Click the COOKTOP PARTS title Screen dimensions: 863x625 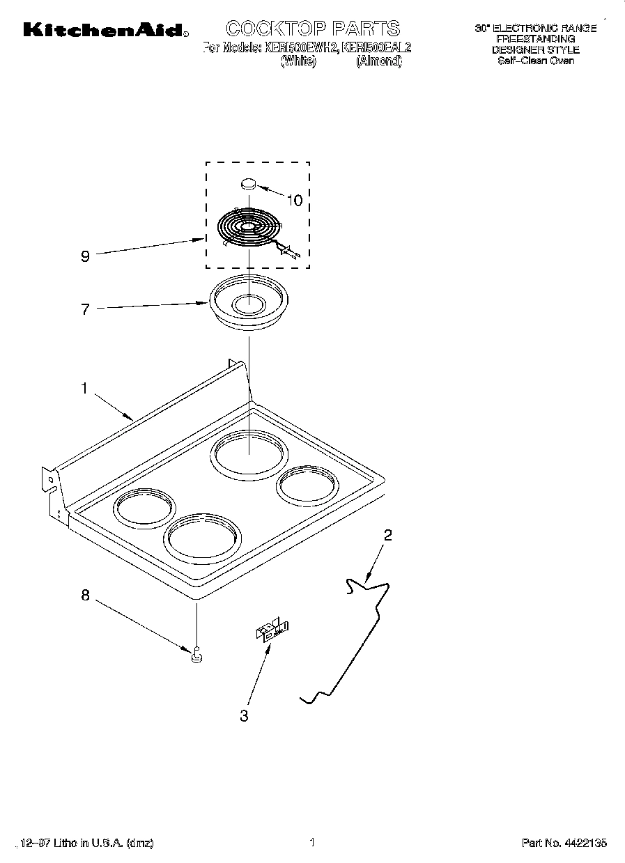click(x=313, y=29)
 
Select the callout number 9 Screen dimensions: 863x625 click(x=85, y=256)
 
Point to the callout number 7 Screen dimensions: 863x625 click(x=85, y=309)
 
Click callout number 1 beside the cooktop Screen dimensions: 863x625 click(x=84, y=389)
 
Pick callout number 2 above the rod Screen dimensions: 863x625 click(x=388, y=535)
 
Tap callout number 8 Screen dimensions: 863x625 click(x=85, y=596)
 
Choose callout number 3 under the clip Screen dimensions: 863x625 click(x=244, y=715)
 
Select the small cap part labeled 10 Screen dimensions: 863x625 click(x=249, y=184)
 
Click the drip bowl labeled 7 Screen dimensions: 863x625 click(x=249, y=304)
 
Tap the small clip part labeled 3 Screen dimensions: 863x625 click(x=272, y=630)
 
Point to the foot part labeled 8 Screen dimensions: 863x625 click(x=197, y=655)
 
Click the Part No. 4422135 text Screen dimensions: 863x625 click(x=564, y=843)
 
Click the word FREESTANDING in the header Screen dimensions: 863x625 click(x=535, y=39)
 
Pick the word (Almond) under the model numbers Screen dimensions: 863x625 click(x=379, y=61)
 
